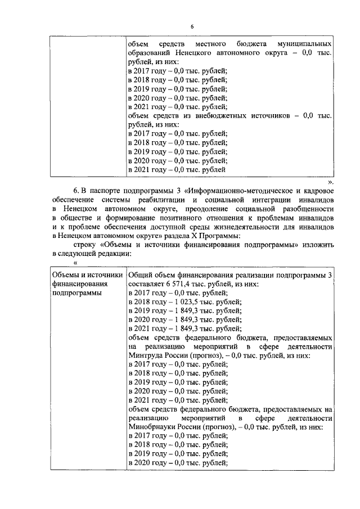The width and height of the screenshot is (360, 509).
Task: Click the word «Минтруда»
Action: [144, 356]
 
